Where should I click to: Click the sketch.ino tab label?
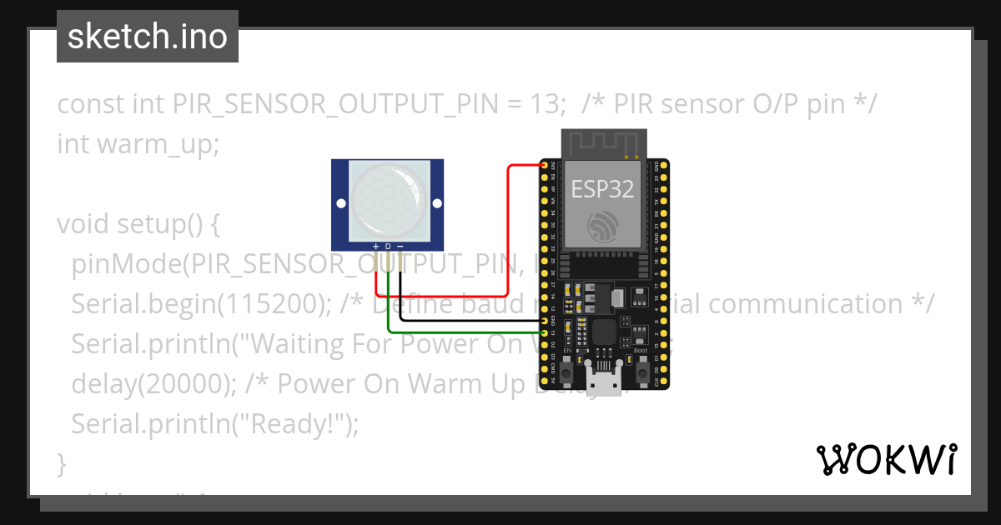tap(148, 37)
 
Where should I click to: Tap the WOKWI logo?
tap(886, 460)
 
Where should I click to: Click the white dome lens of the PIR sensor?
tap(388, 201)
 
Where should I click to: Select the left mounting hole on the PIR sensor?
tap(341, 203)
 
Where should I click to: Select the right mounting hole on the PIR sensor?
tap(435, 203)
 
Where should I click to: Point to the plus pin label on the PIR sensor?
tap(376, 247)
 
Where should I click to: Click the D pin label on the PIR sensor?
tap(388, 247)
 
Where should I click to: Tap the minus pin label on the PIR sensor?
tap(400, 247)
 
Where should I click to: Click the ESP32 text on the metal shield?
tap(602, 189)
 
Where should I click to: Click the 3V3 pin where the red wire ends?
tap(545, 166)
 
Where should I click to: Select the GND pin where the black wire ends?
tap(545, 320)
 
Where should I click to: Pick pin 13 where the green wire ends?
tap(545, 332)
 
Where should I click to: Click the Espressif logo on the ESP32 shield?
tap(602, 226)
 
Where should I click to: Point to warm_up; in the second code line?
tap(158, 144)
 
